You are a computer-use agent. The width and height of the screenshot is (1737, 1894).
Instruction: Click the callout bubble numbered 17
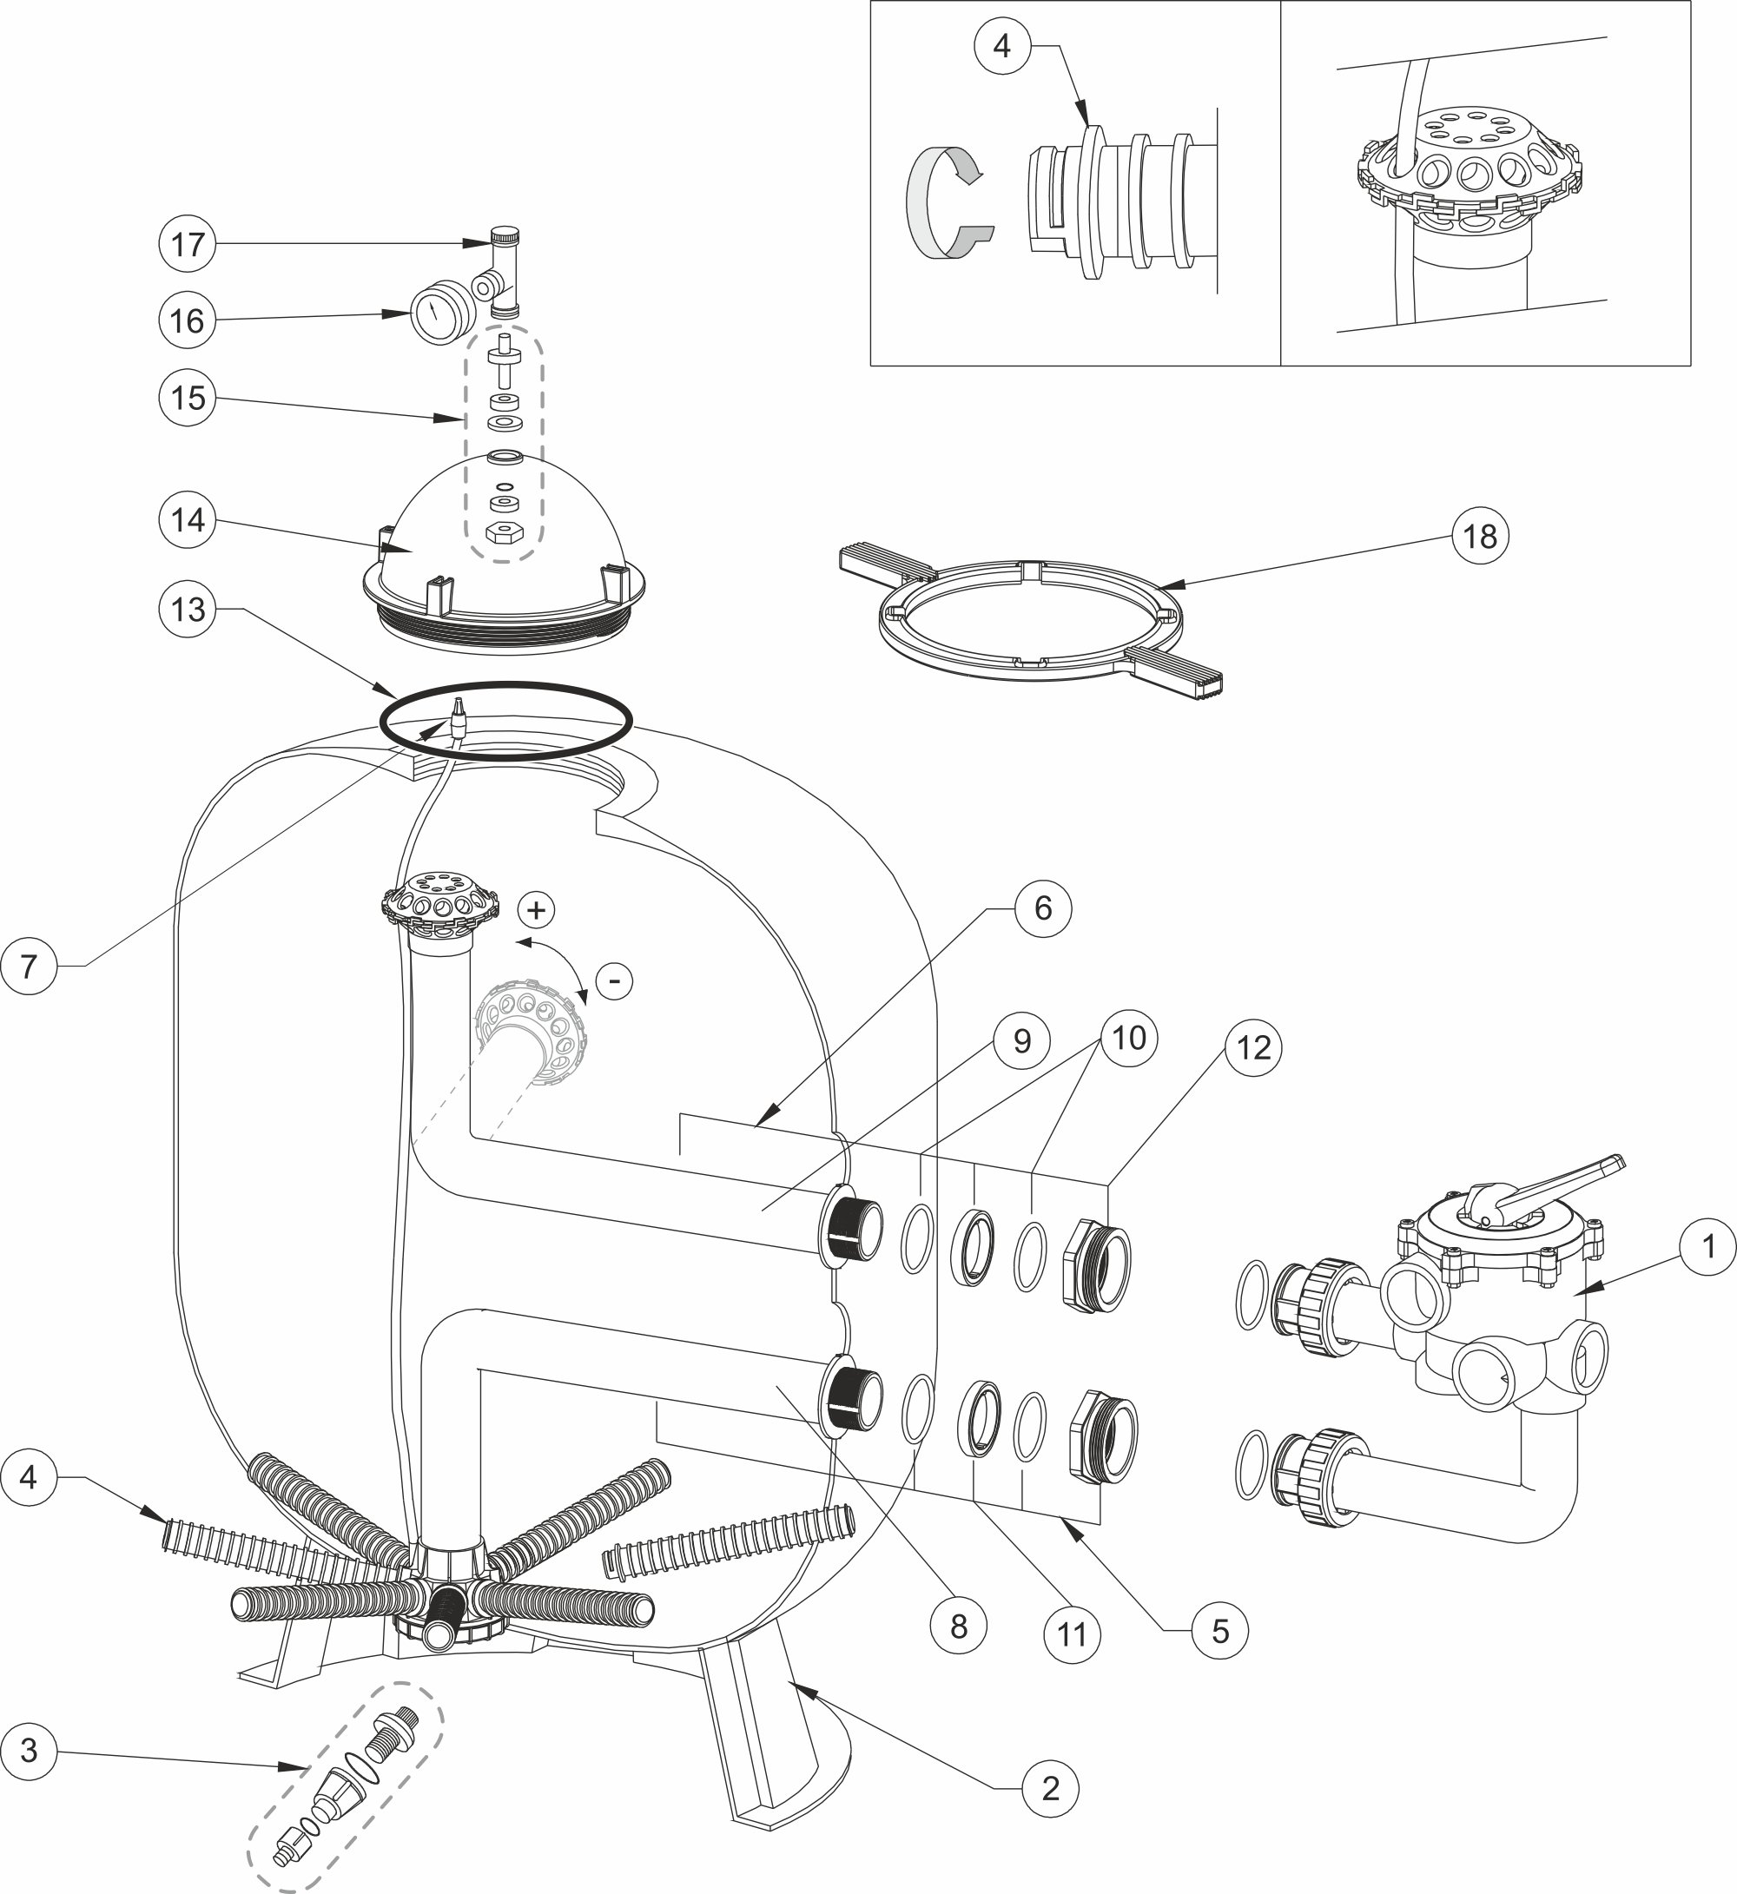click(187, 244)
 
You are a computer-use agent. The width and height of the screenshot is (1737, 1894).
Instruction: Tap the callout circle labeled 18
click(1481, 536)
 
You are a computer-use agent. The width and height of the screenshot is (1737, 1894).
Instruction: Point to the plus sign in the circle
click(537, 910)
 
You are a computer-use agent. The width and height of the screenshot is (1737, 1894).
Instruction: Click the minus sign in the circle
click(615, 981)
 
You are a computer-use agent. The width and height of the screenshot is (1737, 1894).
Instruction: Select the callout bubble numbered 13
click(187, 609)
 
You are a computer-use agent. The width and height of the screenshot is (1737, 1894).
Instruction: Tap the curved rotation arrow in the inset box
click(948, 201)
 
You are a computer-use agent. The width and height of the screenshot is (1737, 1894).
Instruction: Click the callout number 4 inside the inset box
click(1002, 45)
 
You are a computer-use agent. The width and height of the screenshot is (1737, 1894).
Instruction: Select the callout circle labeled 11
click(1073, 1634)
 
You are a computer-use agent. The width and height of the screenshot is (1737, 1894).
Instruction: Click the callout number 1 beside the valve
click(1709, 1246)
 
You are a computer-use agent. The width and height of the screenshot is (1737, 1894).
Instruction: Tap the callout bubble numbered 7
click(30, 966)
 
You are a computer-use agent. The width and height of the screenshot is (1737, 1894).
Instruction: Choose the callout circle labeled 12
click(1254, 1047)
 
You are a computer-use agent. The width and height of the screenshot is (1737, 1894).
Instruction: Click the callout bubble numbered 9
click(1021, 1040)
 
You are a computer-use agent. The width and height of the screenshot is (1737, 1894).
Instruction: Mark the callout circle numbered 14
click(187, 520)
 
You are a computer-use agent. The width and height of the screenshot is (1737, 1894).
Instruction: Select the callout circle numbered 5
click(1220, 1630)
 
